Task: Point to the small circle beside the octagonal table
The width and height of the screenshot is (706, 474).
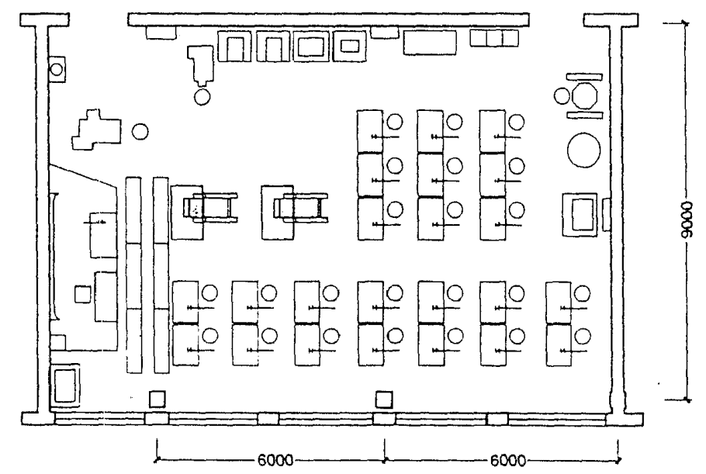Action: click(x=562, y=95)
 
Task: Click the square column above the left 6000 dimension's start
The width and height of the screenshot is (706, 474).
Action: click(x=157, y=398)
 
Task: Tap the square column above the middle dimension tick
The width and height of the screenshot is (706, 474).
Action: click(x=384, y=398)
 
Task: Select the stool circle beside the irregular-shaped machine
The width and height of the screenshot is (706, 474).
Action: click(x=140, y=131)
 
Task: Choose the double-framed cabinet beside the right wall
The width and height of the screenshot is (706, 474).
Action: click(x=581, y=213)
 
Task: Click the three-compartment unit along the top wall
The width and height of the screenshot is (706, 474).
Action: click(x=494, y=39)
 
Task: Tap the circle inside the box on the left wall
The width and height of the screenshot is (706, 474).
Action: click(x=57, y=69)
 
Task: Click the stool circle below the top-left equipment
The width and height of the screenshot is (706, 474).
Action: click(x=202, y=96)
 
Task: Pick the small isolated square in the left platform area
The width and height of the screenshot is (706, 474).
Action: click(x=81, y=293)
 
